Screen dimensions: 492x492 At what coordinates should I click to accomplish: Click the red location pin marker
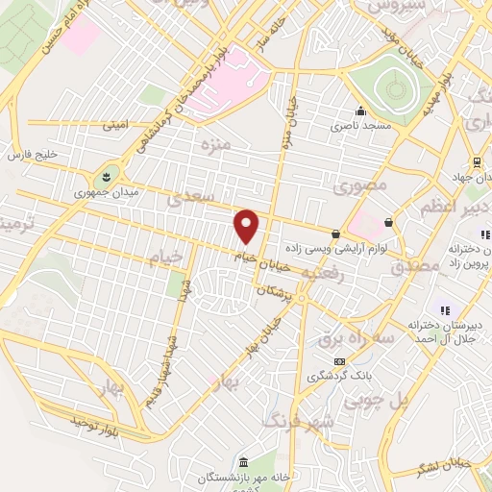coord(248,226)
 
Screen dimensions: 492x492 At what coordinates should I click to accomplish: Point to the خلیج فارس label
coord(34,154)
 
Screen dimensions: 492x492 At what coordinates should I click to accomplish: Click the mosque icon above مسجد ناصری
coord(360,111)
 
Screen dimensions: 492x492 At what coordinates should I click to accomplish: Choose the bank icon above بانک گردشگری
coord(337,361)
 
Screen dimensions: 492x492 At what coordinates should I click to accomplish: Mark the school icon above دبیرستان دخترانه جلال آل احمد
coord(444,309)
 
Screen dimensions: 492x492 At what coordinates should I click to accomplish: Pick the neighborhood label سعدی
coord(183,200)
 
